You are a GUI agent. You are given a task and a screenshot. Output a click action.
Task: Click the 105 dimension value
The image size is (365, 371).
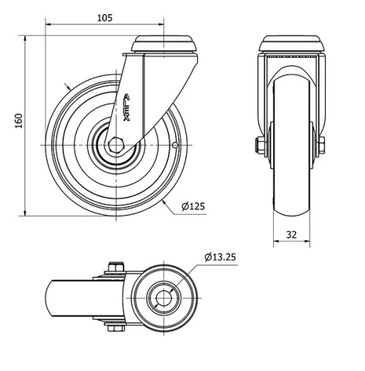point(105,18)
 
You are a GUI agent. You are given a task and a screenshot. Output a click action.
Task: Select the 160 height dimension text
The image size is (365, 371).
point(19,121)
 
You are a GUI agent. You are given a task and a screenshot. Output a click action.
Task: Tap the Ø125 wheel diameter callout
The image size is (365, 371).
point(193,207)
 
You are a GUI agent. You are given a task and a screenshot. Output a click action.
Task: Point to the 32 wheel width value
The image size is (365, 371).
point(291,234)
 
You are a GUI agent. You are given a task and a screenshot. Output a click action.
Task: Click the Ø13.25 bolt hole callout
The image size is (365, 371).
point(220,257)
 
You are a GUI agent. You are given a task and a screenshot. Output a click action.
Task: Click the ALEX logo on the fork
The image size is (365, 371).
point(126,107)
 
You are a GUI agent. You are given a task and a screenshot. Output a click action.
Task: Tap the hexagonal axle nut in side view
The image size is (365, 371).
point(116,145)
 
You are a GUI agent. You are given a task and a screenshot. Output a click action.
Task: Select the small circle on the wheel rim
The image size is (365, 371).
point(175,145)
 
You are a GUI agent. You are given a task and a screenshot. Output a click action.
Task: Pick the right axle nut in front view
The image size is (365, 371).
point(321,145)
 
